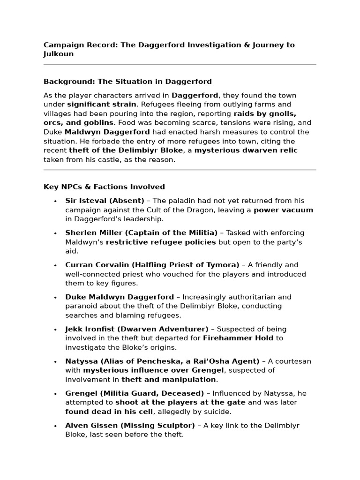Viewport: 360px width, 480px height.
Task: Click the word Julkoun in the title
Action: (x=59, y=54)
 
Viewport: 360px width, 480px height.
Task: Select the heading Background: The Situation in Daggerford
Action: (x=127, y=82)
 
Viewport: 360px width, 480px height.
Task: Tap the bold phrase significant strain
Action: (x=102, y=105)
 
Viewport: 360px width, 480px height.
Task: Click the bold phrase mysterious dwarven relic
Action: (x=246, y=150)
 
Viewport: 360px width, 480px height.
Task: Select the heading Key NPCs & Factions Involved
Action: (x=104, y=187)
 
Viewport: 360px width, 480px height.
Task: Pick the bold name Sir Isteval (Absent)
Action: (x=105, y=201)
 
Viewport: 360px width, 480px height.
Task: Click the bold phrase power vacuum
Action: (x=283, y=210)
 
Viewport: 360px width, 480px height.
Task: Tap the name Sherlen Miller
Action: (x=90, y=233)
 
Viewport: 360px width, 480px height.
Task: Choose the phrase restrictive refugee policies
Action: (x=161, y=242)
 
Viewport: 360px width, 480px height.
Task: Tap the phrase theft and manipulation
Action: (x=169, y=379)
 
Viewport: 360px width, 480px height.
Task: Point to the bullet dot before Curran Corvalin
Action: (x=55, y=265)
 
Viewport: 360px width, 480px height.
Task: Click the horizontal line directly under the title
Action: (x=180, y=65)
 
